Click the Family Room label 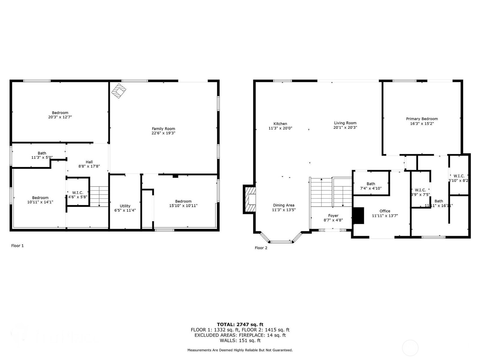tap(163, 129)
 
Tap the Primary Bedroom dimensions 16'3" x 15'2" tap(422, 123)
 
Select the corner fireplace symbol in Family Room tap(119, 91)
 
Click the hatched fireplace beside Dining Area tap(250, 199)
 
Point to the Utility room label tap(125, 206)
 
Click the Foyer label tap(333, 215)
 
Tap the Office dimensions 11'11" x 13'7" tap(385, 215)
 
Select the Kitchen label tap(280, 124)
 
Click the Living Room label tap(345, 123)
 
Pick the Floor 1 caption tap(17, 246)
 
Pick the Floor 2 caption tap(261, 248)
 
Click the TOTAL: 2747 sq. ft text tap(240, 324)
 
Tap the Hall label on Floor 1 tap(89, 162)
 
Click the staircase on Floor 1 tap(99, 196)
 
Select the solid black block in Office tap(358, 215)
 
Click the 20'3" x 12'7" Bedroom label tap(60, 115)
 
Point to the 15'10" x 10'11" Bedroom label tap(183, 203)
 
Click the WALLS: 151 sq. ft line tap(240, 340)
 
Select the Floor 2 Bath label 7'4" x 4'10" tap(371, 186)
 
